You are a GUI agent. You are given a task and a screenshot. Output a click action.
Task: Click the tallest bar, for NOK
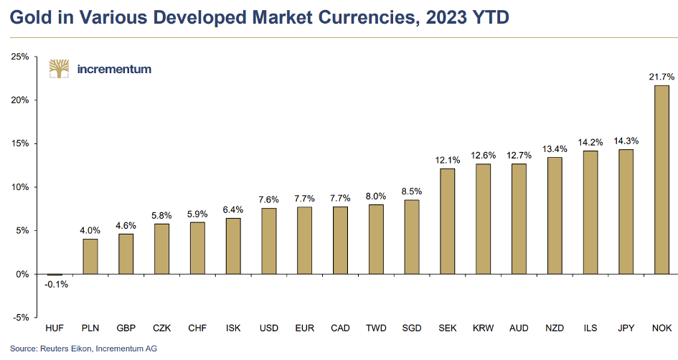[x=661, y=179]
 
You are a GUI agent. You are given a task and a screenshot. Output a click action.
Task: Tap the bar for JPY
[x=626, y=212]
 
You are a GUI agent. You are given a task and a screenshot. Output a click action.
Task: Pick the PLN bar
[x=90, y=256]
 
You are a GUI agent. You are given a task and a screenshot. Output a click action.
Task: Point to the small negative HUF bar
[x=55, y=275]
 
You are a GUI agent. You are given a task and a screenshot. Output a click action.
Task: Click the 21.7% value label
[x=661, y=77]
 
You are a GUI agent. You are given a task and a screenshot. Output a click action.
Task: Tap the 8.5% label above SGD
[x=412, y=191]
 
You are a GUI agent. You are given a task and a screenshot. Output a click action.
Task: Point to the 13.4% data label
[x=555, y=149]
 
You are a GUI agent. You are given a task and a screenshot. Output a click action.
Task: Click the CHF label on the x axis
[x=197, y=328]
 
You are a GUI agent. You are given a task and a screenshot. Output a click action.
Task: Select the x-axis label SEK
[x=448, y=328]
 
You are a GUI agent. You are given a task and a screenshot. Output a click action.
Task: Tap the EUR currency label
[x=304, y=328]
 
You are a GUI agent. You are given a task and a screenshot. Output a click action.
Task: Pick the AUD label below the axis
[x=519, y=328]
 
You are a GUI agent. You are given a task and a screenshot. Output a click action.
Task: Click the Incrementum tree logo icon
[x=59, y=69]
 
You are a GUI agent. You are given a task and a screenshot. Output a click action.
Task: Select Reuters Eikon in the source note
[x=61, y=349]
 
